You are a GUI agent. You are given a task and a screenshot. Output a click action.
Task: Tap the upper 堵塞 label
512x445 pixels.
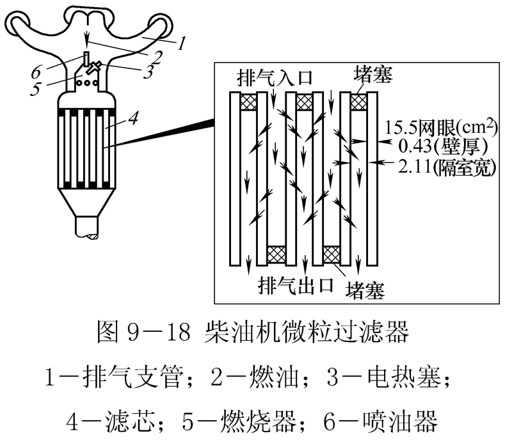pos(372,75)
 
